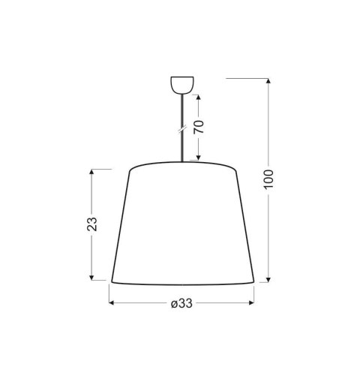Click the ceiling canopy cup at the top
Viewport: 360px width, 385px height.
tap(181, 83)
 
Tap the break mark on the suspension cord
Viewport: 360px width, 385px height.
tap(181, 129)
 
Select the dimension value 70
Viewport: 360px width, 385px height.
tap(199, 126)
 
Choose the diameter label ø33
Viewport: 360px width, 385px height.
tap(181, 303)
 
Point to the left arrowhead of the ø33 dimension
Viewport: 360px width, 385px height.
tap(113, 303)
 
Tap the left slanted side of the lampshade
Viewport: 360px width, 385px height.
tap(120, 225)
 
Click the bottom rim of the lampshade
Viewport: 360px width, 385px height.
tap(181, 284)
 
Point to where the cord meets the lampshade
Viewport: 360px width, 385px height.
tap(181, 161)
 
